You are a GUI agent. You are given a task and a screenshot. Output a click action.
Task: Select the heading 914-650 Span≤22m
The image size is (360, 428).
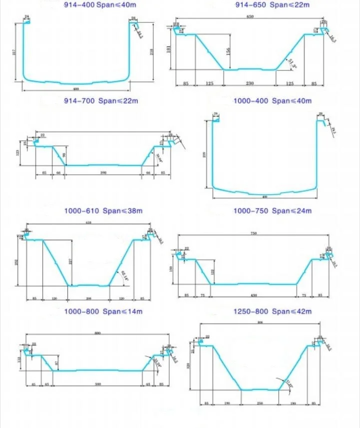click(273, 5)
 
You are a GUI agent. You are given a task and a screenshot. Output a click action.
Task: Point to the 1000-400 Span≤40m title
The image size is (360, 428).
click(273, 101)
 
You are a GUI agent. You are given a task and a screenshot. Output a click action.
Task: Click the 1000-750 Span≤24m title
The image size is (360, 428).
click(273, 211)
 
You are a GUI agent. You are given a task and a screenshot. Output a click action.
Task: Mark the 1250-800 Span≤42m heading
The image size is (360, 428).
click(273, 312)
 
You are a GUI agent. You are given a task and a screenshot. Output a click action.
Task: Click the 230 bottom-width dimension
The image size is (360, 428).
click(249, 83)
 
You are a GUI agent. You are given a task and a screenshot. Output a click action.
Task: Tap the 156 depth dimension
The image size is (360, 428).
click(229, 52)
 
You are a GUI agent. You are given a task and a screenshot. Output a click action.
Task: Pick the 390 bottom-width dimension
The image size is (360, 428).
click(104, 172)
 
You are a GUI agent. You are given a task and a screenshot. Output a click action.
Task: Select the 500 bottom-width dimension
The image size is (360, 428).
click(98, 384)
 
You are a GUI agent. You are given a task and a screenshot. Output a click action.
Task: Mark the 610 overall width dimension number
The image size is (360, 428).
click(89, 222)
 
